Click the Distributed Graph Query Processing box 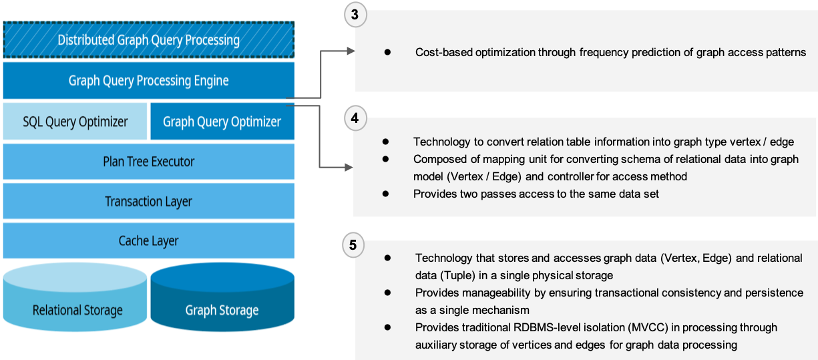148,40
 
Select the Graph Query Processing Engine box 148,81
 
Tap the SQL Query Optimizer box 75,122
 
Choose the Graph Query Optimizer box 222,122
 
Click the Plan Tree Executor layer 148,162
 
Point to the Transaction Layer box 148,201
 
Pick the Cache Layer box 148,240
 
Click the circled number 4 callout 355,119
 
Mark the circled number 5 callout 353,245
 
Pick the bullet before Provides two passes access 386,193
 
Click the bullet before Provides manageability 387,292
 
